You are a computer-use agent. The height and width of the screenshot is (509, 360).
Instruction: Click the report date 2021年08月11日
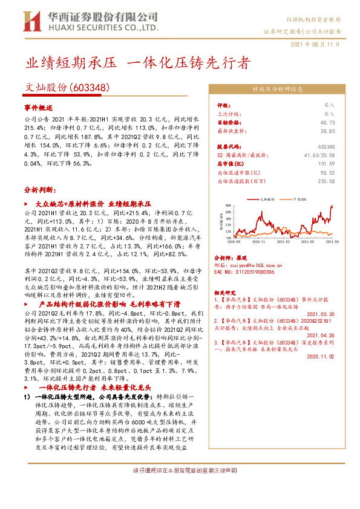316,44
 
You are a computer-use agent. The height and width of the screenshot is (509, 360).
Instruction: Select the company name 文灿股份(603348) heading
67,88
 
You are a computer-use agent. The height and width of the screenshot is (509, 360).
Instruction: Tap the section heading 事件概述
39,106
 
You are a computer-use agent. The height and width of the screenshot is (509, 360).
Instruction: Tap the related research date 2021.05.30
321,314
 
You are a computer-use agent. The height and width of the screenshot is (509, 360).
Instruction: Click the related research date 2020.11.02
321,357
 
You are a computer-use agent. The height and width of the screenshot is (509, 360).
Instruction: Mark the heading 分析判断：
41,189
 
